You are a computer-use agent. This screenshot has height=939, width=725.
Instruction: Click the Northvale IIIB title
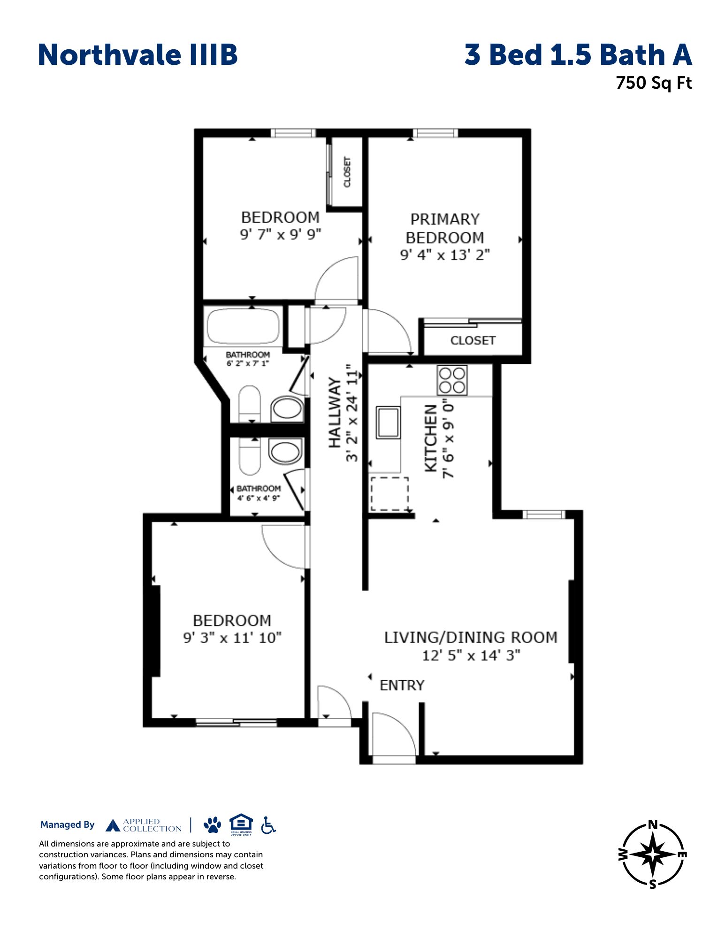137,54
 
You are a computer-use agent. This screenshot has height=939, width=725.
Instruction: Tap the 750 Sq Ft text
654,83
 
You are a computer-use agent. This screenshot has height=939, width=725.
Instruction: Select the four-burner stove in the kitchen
452,380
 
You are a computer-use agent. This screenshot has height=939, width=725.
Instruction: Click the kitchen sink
388,423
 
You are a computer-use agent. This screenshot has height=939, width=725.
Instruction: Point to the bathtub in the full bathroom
243,326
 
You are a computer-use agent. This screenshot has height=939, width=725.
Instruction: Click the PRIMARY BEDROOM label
444,228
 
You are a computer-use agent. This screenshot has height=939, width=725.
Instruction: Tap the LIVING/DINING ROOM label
471,637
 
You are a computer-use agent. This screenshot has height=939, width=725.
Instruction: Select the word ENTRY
402,685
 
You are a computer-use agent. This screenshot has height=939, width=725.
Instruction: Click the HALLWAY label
334,412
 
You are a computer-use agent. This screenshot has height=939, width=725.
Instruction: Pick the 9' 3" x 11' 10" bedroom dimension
232,638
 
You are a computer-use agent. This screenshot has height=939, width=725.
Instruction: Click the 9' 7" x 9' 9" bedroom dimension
281,234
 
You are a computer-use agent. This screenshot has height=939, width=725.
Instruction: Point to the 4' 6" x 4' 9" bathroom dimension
259,498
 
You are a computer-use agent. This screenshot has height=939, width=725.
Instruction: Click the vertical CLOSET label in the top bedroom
347,172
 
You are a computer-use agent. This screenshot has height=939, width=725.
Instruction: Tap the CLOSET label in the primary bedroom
473,340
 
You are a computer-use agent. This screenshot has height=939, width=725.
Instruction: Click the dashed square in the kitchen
390,494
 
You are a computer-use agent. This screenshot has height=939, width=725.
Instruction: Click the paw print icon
213,824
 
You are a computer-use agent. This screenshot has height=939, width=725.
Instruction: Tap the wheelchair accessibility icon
268,825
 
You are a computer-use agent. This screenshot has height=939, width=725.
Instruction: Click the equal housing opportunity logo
241,825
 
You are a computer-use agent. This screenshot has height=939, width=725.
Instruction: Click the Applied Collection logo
144,825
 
